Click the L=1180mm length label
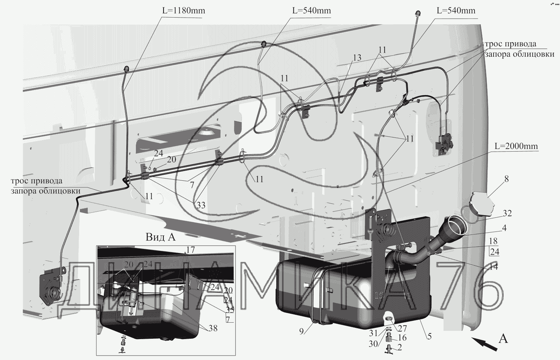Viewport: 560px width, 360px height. [183, 10]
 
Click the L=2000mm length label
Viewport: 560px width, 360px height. [516, 146]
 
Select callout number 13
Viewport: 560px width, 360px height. [357, 58]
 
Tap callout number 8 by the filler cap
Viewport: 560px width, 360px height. [506, 179]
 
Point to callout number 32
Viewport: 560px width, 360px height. [507, 213]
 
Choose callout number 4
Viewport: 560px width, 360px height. [504, 227]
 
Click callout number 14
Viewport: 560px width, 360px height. [494, 267]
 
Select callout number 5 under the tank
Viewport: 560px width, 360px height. [429, 336]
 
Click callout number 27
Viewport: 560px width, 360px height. [402, 329]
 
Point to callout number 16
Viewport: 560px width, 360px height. [402, 338]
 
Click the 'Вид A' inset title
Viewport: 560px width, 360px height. [160, 237]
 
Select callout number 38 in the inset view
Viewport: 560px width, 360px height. [213, 329]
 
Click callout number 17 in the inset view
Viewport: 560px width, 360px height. [190, 250]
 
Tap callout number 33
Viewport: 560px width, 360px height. [201, 205]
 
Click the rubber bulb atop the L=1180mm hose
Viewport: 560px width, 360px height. [126, 69]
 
